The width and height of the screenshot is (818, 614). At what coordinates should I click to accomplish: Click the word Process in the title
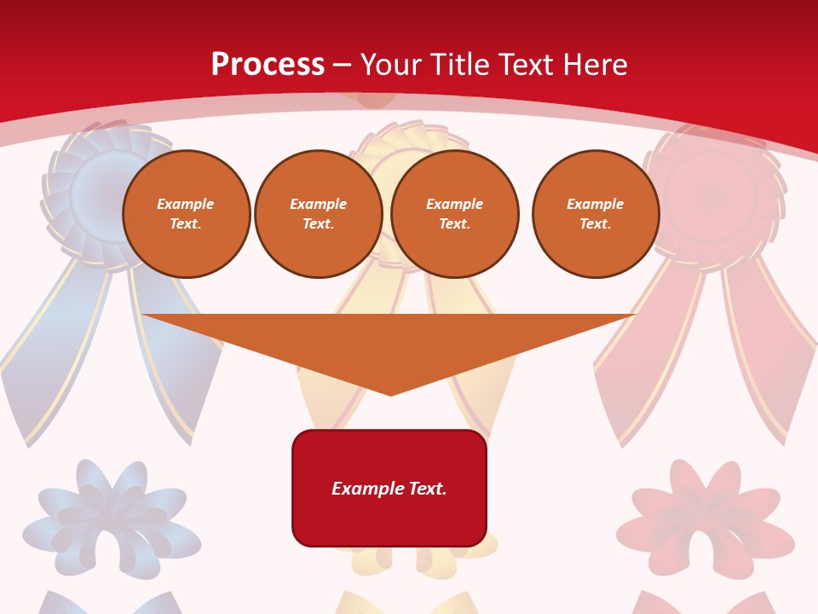point(268,65)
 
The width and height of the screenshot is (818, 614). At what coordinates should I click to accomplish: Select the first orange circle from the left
point(187,214)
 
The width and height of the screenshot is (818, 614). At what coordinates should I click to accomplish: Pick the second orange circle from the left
point(319,214)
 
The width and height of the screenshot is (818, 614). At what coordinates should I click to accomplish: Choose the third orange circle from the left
point(455,214)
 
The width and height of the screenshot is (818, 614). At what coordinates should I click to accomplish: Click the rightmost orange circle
point(596,214)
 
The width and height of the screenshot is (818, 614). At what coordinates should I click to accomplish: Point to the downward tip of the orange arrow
point(390,392)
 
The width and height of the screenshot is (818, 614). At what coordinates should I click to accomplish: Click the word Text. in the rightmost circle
point(596,224)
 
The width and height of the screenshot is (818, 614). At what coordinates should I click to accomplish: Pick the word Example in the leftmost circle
point(186,204)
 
